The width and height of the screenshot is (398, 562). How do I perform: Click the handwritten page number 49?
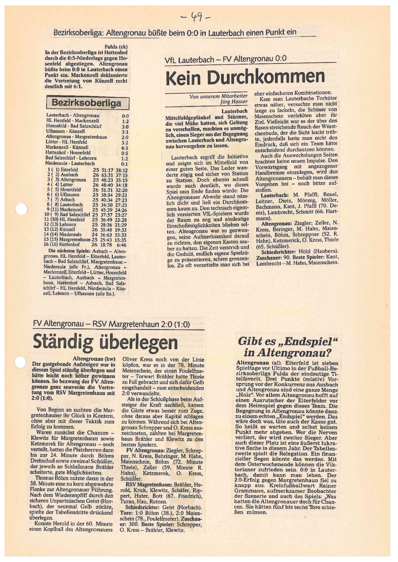pos(196,16)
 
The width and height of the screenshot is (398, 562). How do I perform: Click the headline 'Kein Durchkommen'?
pos(245,77)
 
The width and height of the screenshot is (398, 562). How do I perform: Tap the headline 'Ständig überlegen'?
pos(105,342)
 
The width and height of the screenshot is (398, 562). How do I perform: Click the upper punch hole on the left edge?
pos(22,210)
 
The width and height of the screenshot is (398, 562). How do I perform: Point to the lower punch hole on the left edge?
pos(20,362)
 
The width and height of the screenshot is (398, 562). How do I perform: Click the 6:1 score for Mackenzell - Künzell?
pos(125,148)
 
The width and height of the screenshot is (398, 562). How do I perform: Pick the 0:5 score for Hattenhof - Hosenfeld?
pos(125,153)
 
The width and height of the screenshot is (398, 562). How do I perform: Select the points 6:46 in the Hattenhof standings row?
pos(122,245)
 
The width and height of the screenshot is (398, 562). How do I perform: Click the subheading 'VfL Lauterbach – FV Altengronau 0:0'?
pos(225,60)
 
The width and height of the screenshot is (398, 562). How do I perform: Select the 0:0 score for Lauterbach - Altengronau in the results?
pos(125,116)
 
